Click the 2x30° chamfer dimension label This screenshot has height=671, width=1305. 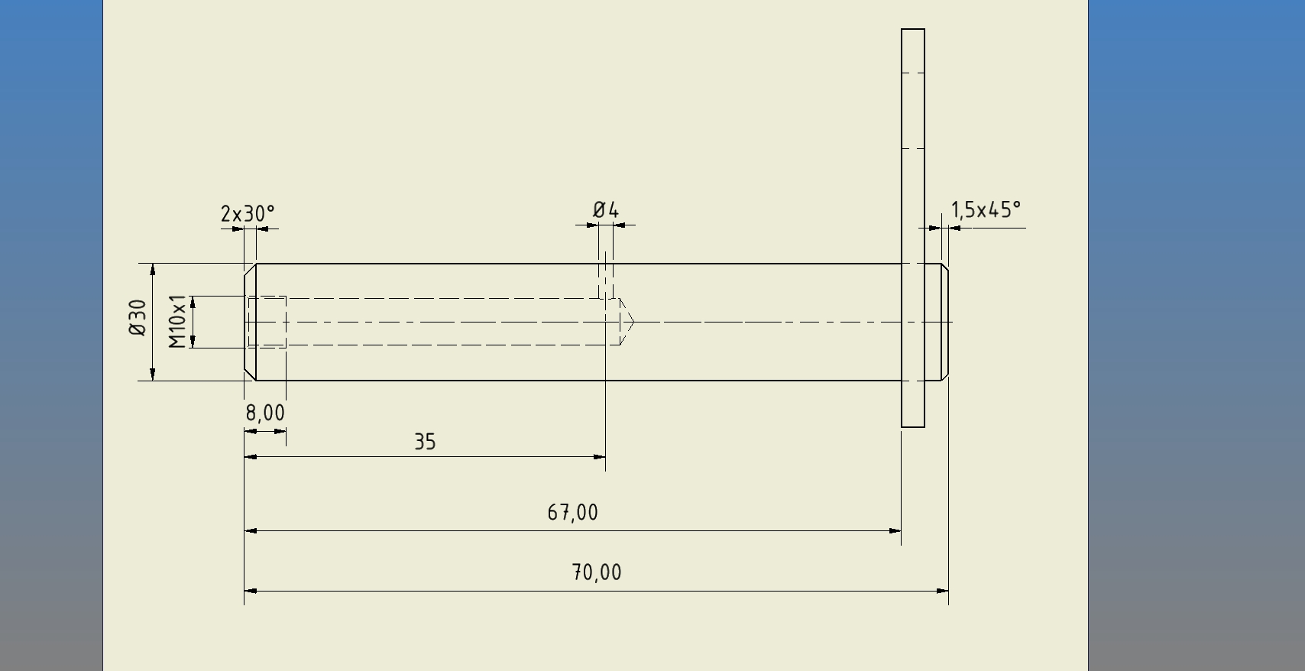pyautogui.click(x=248, y=214)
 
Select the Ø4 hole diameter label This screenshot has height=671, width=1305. pyautogui.click(x=606, y=209)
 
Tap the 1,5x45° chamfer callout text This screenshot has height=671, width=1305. pyautogui.click(x=986, y=209)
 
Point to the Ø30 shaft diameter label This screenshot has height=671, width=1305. pyautogui.click(x=138, y=317)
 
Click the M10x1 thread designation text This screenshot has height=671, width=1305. pyautogui.click(x=177, y=322)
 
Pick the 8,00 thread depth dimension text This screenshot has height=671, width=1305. pyautogui.click(x=265, y=413)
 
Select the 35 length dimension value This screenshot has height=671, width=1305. pyautogui.click(x=425, y=441)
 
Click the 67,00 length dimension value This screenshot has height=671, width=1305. pyautogui.click(x=573, y=513)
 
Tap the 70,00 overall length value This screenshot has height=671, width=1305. pyautogui.click(x=597, y=572)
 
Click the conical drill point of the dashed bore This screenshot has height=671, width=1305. pyautogui.click(x=627, y=322)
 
